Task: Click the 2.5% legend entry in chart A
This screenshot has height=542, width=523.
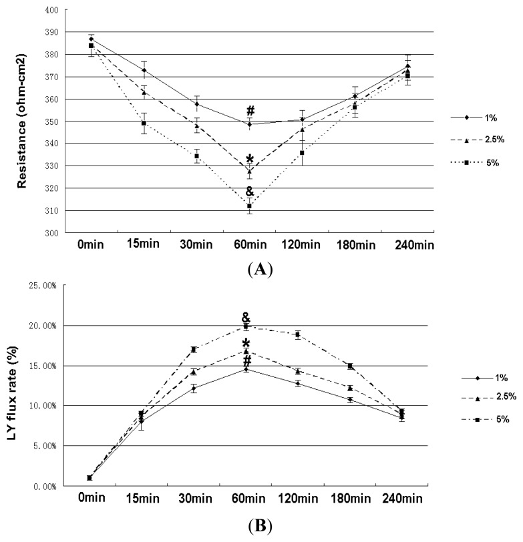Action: [475, 140]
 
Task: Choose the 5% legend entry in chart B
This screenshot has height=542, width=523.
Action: [474, 419]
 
